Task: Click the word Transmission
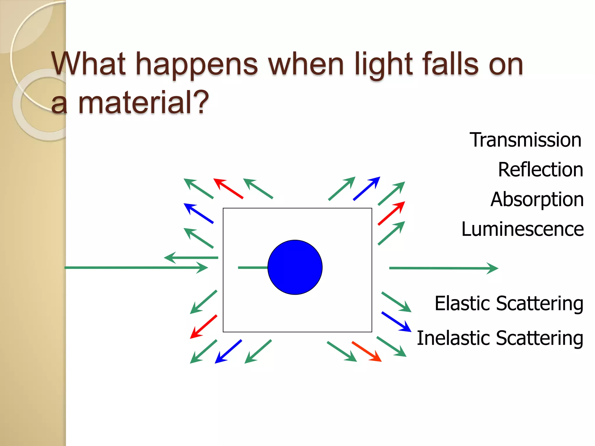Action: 525,140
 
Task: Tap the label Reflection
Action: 540,170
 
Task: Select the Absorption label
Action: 537,199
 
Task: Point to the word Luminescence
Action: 522,229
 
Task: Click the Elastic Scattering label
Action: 509,303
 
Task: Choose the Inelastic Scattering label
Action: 500,338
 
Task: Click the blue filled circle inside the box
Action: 295,267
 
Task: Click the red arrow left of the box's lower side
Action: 204,327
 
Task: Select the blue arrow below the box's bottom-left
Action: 228,351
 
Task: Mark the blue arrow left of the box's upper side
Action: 199,213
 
